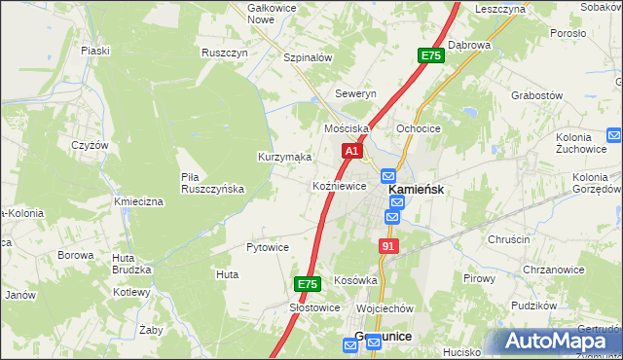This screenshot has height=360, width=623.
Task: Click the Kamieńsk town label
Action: pos(417,191)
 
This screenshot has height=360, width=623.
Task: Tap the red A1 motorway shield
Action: pos(352,152)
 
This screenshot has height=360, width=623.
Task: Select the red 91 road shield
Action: pos(389,247)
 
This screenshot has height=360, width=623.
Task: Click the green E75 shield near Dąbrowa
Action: pos(431,56)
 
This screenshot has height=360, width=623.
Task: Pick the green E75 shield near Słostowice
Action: pos(308,284)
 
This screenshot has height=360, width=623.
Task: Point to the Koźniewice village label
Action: pos(339,185)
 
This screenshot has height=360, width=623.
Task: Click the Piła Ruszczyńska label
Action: pos(212,183)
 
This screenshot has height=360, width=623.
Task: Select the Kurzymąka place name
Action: pos(284,157)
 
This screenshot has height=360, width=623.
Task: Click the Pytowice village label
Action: pos(268,247)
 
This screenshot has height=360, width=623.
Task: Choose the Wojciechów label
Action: pos(385,307)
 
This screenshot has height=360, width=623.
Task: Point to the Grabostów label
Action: pos(537,95)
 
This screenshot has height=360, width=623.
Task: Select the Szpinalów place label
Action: pos(308,57)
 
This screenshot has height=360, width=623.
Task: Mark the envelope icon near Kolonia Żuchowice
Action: pos(613,135)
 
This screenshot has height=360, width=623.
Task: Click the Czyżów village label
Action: pos(90,144)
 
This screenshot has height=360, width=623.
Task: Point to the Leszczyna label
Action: pos(500,8)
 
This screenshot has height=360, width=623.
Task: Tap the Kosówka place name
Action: pos(355,279)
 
